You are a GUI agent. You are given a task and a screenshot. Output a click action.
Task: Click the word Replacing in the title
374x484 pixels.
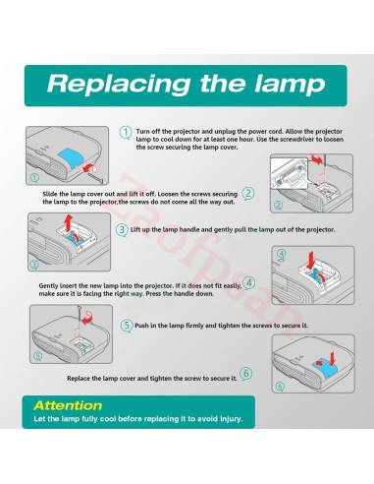coord(119,85)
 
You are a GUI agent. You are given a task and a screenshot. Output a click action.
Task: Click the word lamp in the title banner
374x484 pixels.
coord(290,85)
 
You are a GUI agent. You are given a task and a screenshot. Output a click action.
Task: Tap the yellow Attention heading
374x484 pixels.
coord(68,405)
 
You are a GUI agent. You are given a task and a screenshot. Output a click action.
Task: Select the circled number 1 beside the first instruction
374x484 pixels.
coord(126,133)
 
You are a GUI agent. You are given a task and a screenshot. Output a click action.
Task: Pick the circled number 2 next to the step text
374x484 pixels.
coord(248,194)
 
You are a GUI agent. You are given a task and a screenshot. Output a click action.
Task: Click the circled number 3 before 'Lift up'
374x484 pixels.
coord(122,229)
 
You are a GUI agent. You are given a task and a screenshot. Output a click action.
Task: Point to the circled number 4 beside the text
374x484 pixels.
coord(249,282)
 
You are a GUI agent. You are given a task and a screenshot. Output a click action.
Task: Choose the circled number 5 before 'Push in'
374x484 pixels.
coord(127,326)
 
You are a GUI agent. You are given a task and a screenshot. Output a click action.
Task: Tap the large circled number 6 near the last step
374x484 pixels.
coord(246,374)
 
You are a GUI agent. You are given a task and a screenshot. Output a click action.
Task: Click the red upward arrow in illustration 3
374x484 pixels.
coord(68,222)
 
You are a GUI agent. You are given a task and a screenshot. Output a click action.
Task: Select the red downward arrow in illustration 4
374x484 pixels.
coord(311,260)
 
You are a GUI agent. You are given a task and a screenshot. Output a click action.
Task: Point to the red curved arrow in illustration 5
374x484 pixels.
coord(87,318)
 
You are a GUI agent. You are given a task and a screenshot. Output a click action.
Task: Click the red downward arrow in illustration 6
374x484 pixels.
coord(333,359)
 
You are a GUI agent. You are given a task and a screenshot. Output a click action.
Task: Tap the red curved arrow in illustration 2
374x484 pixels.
coord(317,160)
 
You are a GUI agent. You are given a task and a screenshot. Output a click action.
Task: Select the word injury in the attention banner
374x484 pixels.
coord(231,419)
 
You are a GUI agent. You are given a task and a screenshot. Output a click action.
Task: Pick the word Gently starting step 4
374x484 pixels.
coord(48,286)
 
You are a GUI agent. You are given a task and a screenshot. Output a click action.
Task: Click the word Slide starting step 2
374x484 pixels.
coord(50,194)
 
